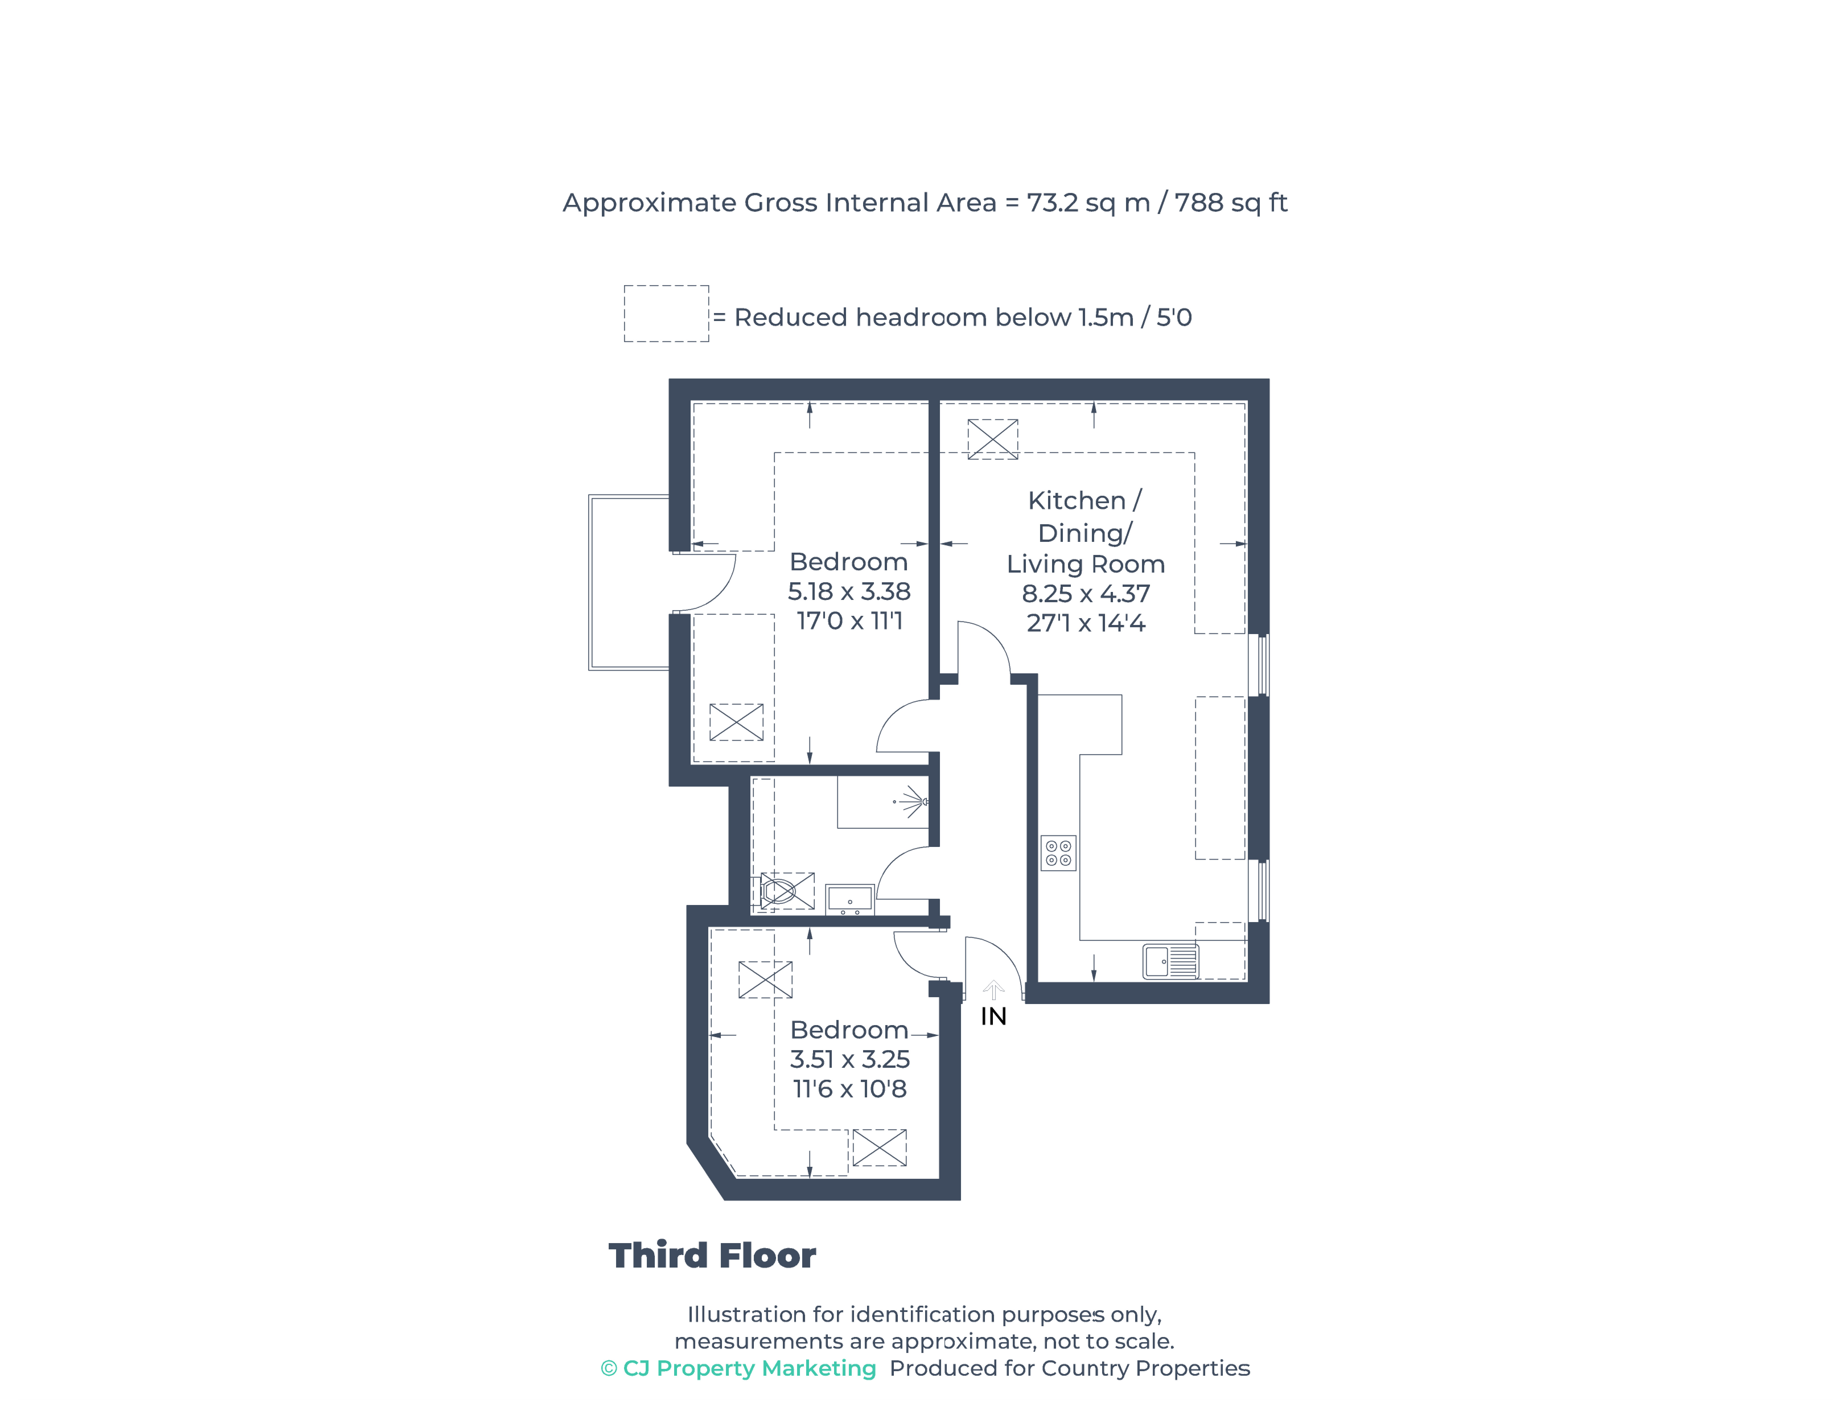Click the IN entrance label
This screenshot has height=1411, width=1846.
pos(993,1016)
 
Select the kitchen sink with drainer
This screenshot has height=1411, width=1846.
pos(1170,962)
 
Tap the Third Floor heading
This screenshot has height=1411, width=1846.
pos(711,1256)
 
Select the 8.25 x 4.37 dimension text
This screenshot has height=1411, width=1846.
pos(1085,594)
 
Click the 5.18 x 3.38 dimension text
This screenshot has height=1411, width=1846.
pos(848,591)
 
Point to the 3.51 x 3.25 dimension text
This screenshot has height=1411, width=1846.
pos(849,1059)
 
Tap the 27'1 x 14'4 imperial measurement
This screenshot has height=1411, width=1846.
pos(1085,623)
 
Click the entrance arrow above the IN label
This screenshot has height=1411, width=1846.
pos(993,990)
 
